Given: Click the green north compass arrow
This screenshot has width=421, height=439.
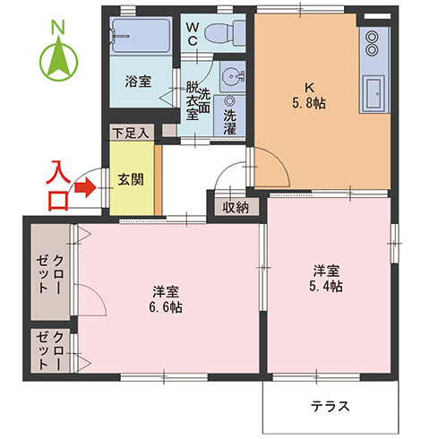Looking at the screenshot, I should [58, 60].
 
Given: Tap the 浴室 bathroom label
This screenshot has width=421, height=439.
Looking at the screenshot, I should [138, 81].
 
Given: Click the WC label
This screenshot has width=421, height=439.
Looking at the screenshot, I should [192, 33].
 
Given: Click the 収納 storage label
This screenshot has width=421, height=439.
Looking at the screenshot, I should [236, 208].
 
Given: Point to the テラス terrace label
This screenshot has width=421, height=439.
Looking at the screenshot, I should [330, 406].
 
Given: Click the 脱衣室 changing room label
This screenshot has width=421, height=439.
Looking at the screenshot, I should [192, 101].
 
